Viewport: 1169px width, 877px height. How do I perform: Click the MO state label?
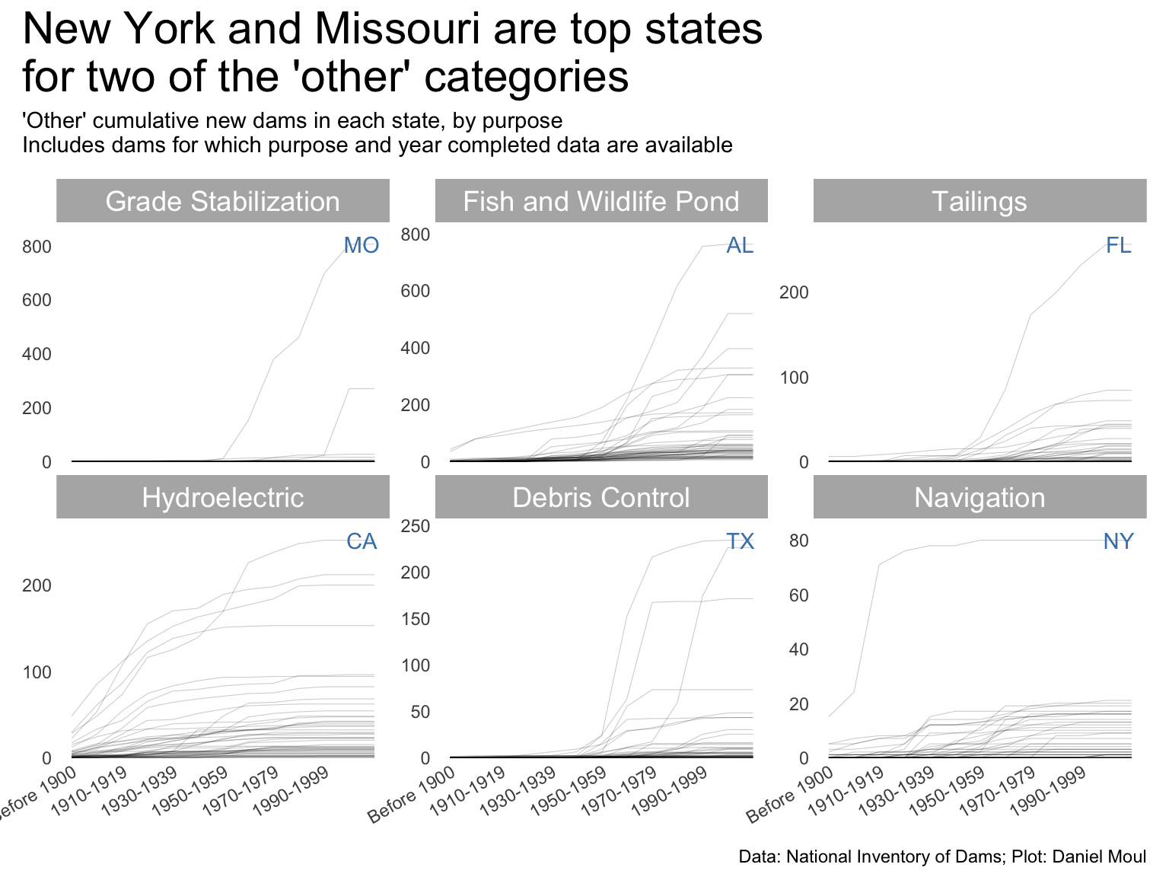[361, 245]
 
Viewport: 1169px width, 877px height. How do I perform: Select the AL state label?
[740, 245]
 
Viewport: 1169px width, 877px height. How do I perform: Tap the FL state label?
[1118, 245]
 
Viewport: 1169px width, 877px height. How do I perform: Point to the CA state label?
[361, 541]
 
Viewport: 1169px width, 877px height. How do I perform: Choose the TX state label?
[740, 541]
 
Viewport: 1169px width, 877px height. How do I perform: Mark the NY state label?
[1118, 541]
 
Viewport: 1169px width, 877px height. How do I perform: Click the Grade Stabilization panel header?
[222, 201]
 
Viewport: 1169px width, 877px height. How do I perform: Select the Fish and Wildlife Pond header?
[600, 201]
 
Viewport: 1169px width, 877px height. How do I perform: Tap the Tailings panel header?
[979, 201]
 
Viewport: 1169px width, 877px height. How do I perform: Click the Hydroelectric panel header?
[222, 497]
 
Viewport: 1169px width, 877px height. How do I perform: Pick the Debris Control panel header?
[600, 497]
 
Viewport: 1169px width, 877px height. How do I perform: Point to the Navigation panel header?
[979, 497]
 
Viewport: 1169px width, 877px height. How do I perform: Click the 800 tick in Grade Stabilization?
[37, 247]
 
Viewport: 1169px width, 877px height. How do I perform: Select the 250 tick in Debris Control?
[415, 526]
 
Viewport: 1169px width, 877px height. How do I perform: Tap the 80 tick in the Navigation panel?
[798, 541]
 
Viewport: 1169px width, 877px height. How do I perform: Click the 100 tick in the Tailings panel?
[794, 378]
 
